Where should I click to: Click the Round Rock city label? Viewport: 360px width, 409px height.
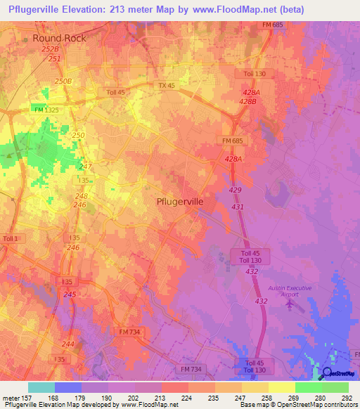click(60, 38)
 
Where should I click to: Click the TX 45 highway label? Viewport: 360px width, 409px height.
click(167, 85)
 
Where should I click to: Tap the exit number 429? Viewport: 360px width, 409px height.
click(236, 190)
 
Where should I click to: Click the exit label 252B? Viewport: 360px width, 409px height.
click(50, 50)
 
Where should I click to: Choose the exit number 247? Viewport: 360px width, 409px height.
click(86, 167)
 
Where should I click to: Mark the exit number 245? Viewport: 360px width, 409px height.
click(70, 294)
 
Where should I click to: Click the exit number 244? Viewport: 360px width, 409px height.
click(67, 344)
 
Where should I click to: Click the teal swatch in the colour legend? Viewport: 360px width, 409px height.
click(41, 387)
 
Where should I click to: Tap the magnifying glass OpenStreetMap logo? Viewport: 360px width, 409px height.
click(326, 373)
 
